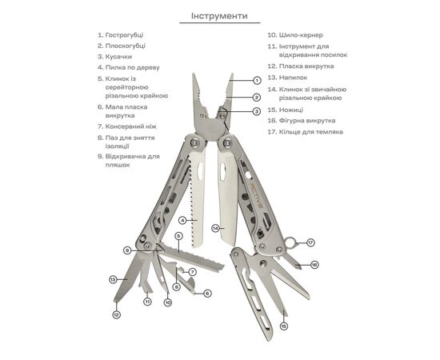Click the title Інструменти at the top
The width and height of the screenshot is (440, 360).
coord(219,16)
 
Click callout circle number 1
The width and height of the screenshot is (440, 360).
coord(257,81)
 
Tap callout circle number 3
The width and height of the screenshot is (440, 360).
coord(256,111)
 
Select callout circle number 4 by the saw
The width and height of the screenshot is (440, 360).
coord(183,221)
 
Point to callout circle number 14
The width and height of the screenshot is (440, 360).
coord(215,229)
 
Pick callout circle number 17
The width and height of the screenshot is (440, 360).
coord(310,242)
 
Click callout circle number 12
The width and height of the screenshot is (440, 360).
coord(117,315)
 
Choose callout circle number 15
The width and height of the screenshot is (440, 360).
coord(284,326)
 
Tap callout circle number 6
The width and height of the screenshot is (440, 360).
coord(207,294)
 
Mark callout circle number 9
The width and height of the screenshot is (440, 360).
coord(127,250)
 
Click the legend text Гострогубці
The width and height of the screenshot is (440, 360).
coord(124,35)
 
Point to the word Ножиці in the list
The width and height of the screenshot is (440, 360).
coord(291,110)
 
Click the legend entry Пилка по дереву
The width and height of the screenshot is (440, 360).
coord(133,68)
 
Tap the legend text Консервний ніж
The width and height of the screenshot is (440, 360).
coord(130,126)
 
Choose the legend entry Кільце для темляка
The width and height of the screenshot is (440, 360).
coord(311,132)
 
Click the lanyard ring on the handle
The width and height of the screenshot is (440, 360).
coord(290,242)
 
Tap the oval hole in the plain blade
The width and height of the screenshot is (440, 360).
coord(223,171)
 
